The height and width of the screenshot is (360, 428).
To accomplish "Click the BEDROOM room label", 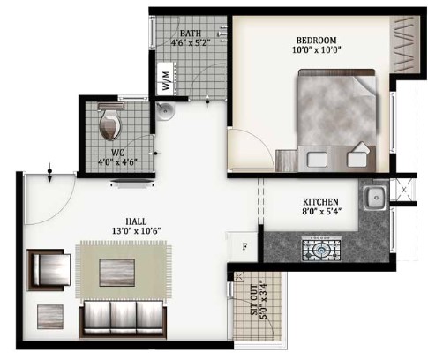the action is click(316, 41).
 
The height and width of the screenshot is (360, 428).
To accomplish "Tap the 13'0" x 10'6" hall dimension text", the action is click(136, 231).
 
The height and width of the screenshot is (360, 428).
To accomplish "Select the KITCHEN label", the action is click(320, 202).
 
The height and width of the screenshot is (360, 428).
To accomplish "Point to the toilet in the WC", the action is click(110, 121).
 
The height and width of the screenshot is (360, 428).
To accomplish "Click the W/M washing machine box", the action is click(167, 79).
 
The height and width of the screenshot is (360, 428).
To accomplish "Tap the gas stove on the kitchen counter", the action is click(321, 250).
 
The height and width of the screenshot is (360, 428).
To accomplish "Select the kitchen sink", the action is click(374, 198).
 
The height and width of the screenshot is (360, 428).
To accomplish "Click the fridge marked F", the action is click(244, 246).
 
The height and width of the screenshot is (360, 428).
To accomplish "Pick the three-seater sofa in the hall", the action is click(123, 319).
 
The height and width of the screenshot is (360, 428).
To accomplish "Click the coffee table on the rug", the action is click(117, 273).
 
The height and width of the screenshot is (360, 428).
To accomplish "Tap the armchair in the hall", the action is click(49, 270).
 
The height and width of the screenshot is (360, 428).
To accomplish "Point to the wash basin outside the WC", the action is click(165, 110).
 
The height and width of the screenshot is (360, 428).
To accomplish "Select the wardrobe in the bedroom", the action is click(405, 44).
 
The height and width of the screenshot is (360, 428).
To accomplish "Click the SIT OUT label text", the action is click(255, 300).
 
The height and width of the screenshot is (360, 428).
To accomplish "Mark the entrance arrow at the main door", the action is click(50, 173).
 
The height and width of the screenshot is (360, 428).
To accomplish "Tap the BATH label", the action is click(191, 33).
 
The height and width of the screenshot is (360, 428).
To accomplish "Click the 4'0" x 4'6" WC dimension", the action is click(117, 161).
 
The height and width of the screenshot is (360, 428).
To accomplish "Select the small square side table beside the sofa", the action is click(50, 317).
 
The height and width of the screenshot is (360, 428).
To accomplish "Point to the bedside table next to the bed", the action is click(287, 161).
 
